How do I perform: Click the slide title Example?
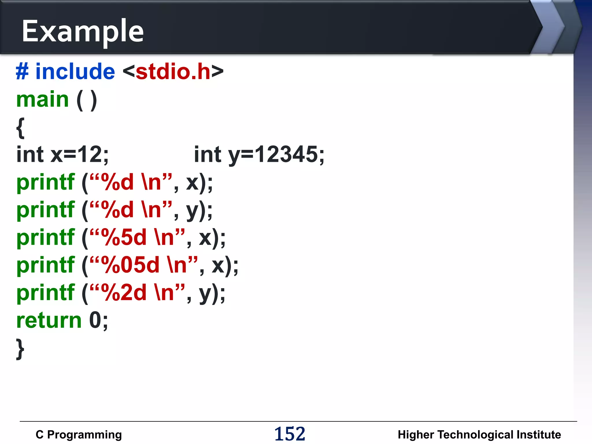(83, 31)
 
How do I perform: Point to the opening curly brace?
(20, 127)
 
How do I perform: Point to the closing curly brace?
(20, 349)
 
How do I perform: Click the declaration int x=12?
(62, 154)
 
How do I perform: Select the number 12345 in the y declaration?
(286, 154)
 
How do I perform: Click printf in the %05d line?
(46, 265)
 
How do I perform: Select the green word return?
(49, 320)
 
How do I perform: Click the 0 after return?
(95, 320)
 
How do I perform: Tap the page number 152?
(290, 434)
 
